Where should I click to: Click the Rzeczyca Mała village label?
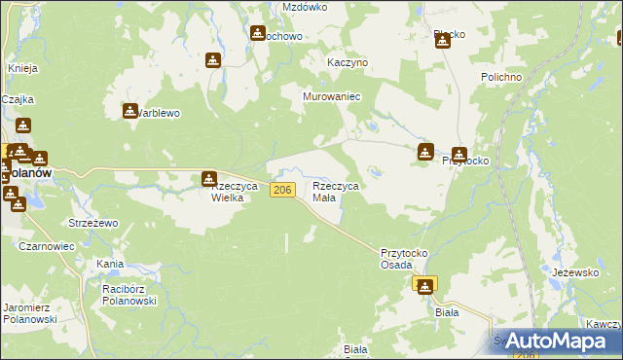[x=336, y=192]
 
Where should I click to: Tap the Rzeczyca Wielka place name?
[x=233, y=192]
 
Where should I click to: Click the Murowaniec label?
[x=332, y=97]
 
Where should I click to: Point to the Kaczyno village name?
[x=348, y=62]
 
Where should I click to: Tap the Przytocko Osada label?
[x=404, y=257]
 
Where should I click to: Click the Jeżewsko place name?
[x=574, y=273]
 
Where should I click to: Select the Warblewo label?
[x=158, y=113]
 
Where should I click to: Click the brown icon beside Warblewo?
[x=130, y=111]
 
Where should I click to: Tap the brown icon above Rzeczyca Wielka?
[x=209, y=179]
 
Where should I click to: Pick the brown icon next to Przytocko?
[x=425, y=152]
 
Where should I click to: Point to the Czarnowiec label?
[x=47, y=247]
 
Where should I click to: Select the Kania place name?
[x=109, y=264]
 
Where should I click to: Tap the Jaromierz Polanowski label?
[x=30, y=312]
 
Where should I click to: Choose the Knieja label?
[x=22, y=68]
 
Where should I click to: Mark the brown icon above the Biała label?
[x=425, y=284]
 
